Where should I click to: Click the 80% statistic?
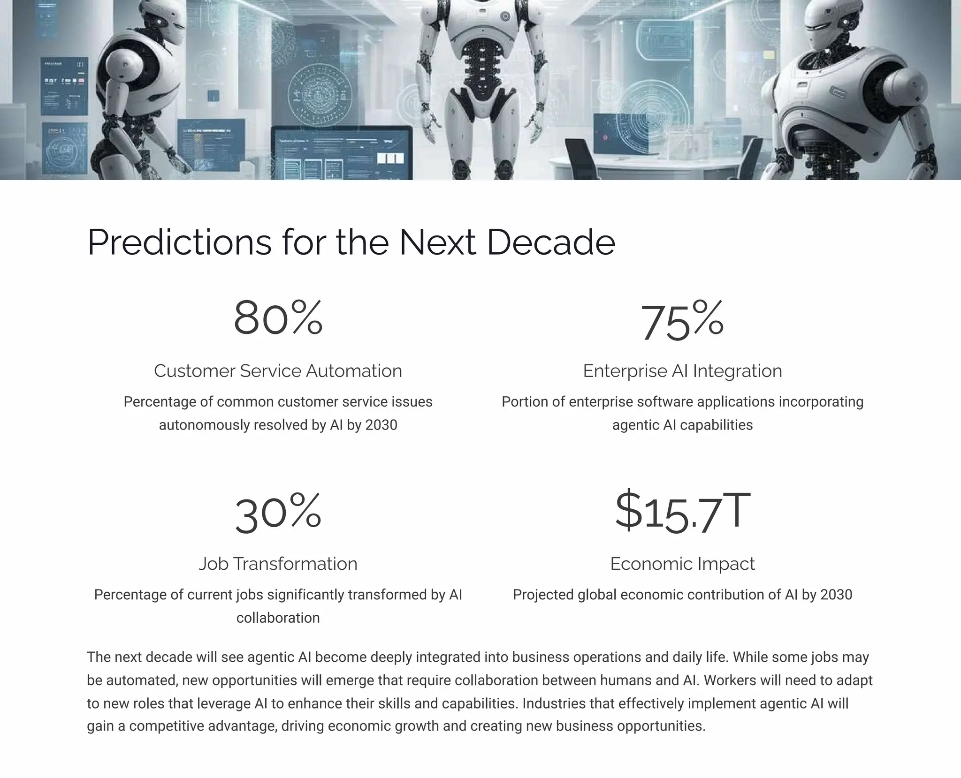coord(278,318)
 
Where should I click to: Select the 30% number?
coord(278,513)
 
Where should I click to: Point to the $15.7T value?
coord(682,511)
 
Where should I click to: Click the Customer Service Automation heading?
coord(278,371)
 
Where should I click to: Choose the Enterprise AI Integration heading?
coord(682,371)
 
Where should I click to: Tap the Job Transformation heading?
coord(278,564)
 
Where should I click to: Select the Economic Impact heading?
coord(682,564)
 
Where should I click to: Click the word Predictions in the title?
coord(179,242)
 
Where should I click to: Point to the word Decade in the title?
coord(551,242)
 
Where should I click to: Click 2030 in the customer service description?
coord(381,425)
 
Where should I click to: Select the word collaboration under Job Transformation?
coord(278,618)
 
